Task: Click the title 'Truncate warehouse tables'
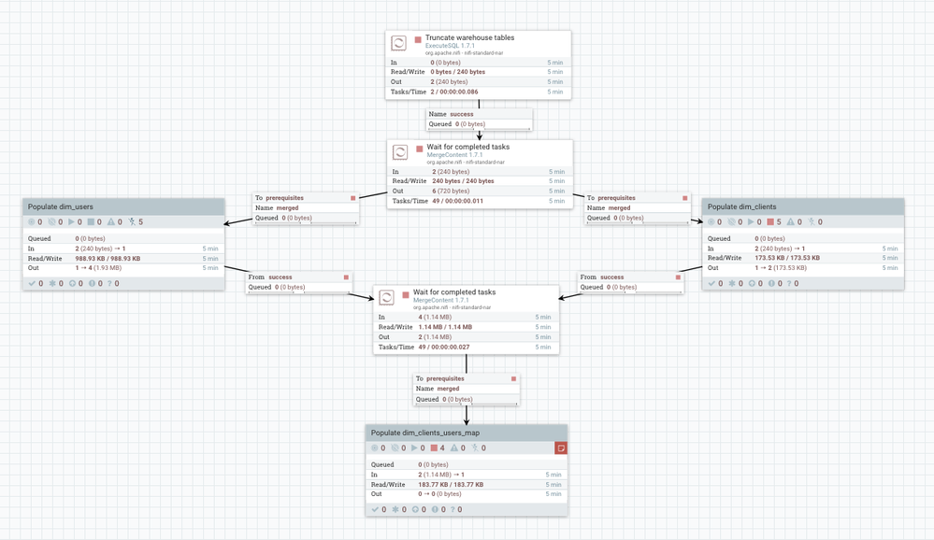pyautogui.click(x=469, y=38)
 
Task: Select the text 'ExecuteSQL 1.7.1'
pyautogui.click(x=450, y=46)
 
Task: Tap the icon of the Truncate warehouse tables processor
pyautogui.click(x=398, y=43)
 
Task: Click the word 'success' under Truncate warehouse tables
pyautogui.click(x=462, y=114)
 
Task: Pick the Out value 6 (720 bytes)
pyautogui.click(x=451, y=191)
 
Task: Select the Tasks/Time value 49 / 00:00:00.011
pyautogui.click(x=457, y=201)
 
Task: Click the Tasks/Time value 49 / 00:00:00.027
pyautogui.click(x=444, y=347)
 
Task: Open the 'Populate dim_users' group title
pyautogui.click(x=61, y=206)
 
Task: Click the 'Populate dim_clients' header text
pyautogui.click(x=741, y=206)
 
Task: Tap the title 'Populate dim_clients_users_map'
pyautogui.click(x=425, y=433)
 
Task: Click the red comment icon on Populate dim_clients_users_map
pyautogui.click(x=560, y=448)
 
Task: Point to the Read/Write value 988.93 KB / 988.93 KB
pyautogui.click(x=108, y=259)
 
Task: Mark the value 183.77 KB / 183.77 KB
pyautogui.click(x=451, y=485)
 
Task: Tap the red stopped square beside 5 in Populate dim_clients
pyautogui.click(x=770, y=222)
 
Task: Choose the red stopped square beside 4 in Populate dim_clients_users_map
pyautogui.click(x=434, y=448)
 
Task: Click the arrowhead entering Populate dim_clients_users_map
pyautogui.click(x=467, y=420)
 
